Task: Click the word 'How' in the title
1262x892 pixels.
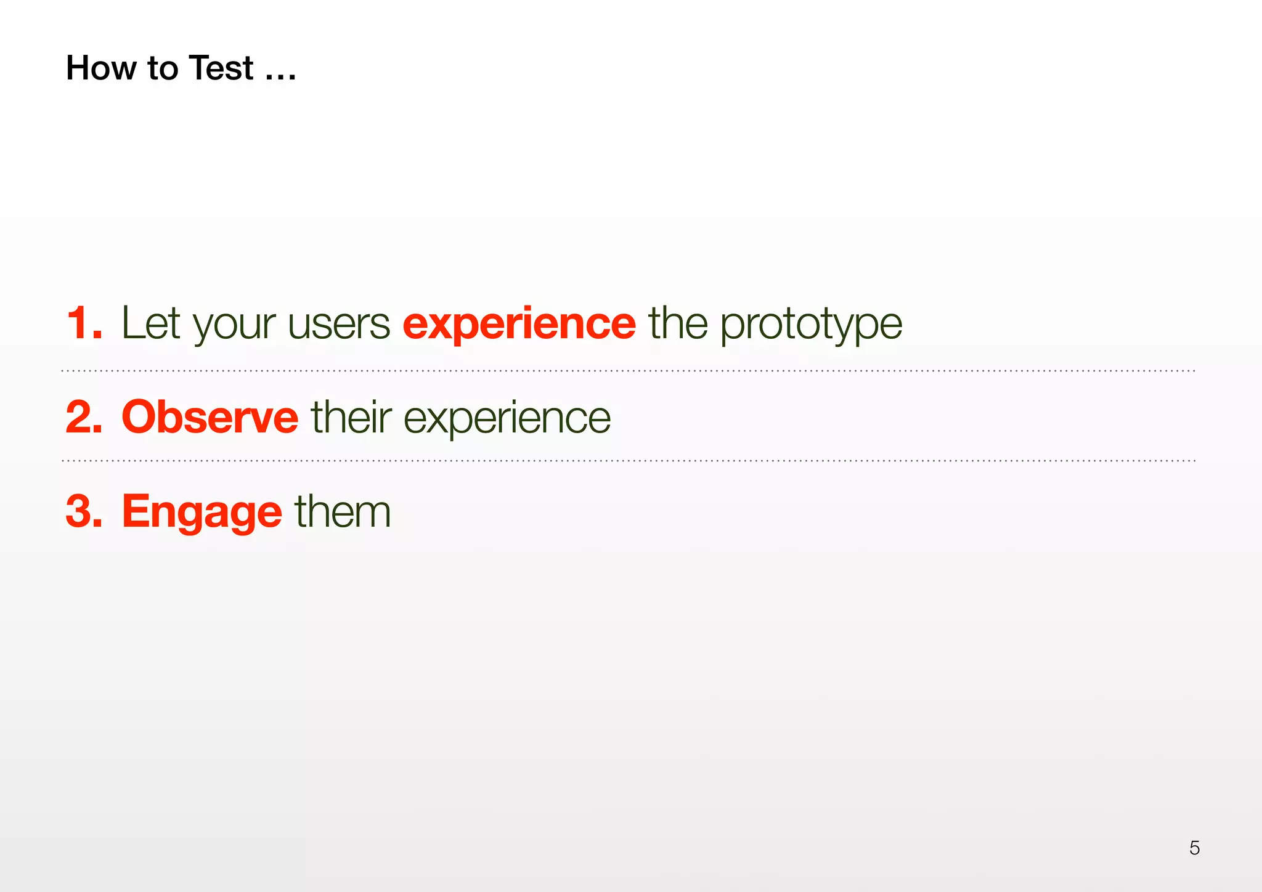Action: pyautogui.click(x=101, y=68)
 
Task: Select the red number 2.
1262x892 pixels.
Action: pyautogui.click(x=83, y=417)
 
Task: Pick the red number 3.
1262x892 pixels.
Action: pyautogui.click(x=83, y=511)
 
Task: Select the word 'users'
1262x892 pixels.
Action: pyautogui.click(x=339, y=325)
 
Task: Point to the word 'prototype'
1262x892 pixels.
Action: pyautogui.click(x=811, y=325)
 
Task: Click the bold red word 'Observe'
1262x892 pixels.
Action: pyautogui.click(x=210, y=417)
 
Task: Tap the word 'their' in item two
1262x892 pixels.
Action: pyautogui.click(x=351, y=417)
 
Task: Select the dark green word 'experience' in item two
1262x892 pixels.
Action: pyautogui.click(x=507, y=419)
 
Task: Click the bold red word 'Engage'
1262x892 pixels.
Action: pyautogui.click(x=202, y=513)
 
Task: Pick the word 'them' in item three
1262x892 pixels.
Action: pyautogui.click(x=343, y=511)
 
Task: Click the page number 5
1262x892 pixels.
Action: pyautogui.click(x=1194, y=848)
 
